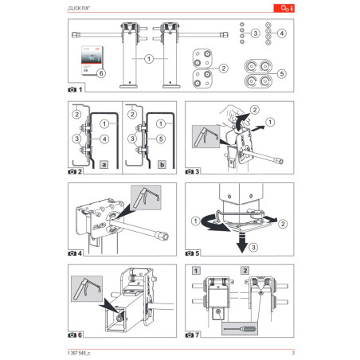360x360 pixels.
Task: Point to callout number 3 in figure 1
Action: point(254,33)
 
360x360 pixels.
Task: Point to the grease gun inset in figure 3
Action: point(203,139)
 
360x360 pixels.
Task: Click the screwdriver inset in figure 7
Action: point(239,327)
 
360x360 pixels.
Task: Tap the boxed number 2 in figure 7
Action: point(244,272)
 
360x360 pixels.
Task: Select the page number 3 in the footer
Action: point(293,353)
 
